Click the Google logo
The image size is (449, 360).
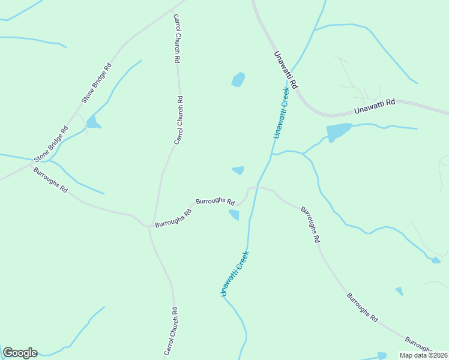click(x=20, y=353)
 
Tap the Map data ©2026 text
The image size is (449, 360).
click(x=423, y=355)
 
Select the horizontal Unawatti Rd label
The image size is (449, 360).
click(x=374, y=106)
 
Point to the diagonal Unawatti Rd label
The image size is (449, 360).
click(x=286, y=70)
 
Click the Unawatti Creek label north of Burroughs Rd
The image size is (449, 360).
click(x=280, y=113)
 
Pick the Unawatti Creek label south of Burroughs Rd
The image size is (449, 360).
click(x=234, y=273)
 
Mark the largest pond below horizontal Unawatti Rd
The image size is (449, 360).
click(x=338, y=132)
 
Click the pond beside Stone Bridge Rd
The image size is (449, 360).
click(x=92, y=123)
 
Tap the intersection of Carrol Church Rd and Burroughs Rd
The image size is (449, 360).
click(x=149, y=227)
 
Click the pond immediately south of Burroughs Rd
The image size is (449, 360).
click(x=234, y=215)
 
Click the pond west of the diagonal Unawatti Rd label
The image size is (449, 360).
click(x=238, y=79)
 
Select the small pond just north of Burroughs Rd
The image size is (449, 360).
click(x=238, y=170)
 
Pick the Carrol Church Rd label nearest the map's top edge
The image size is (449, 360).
click(x=177, y=39)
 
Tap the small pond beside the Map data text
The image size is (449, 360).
click(x=382, y=356)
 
